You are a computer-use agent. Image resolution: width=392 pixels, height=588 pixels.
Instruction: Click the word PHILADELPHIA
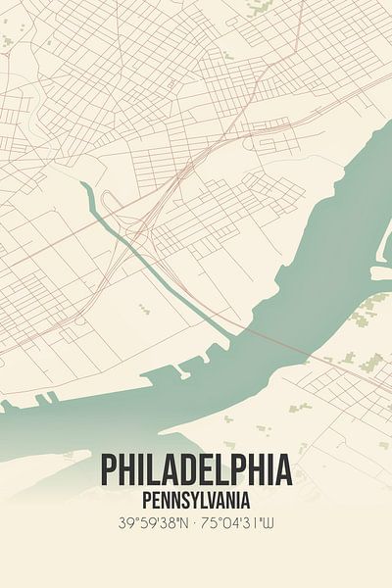(x=196, y=470)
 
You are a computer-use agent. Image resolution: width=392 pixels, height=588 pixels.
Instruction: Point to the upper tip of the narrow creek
(x=84, y=185)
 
